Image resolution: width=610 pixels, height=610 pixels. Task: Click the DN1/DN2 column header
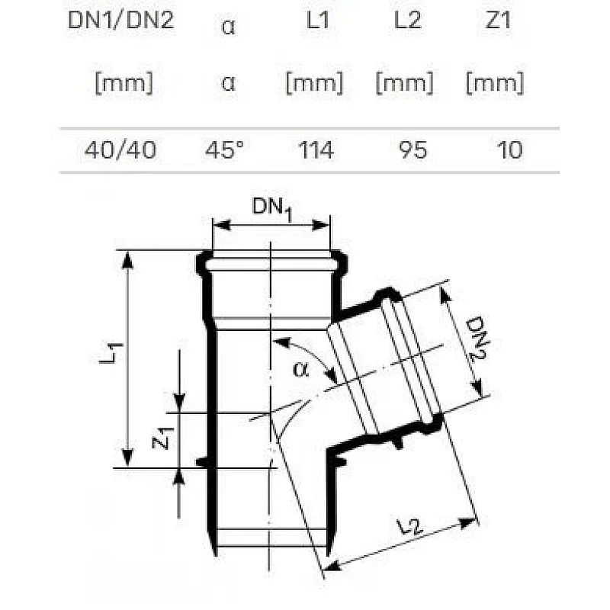click(x=121, y=21)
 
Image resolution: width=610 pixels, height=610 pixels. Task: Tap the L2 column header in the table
click(x=407, y=21)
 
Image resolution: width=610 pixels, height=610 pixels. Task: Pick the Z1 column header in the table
click(x=496, y=21)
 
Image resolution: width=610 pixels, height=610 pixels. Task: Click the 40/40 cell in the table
click(x=120, y=150)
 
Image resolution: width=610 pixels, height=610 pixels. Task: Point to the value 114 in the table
click(x=316, y=150)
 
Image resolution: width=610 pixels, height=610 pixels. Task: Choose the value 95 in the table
click(x=413, y=150)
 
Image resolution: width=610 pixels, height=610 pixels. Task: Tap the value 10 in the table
click(x=509, y=150)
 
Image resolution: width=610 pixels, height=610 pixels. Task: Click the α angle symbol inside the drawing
click(x=301, y=370)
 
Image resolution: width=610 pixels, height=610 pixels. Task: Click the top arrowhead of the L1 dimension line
click(x=128, y=257)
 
